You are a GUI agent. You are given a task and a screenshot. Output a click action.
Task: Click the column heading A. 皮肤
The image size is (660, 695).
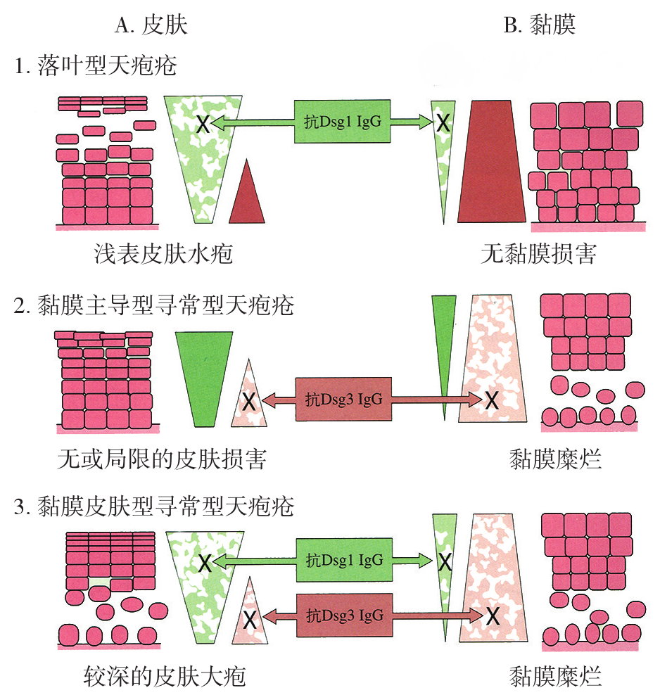[151, 25]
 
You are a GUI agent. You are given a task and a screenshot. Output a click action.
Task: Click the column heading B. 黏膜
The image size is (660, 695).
[540, 25]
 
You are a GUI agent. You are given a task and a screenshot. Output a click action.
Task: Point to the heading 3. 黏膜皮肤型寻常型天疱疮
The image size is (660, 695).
[153, 506]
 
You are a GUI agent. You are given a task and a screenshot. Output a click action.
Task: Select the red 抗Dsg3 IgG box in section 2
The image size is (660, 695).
[343, 400]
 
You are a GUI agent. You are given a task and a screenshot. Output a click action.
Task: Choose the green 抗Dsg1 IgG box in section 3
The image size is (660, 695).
[343, 561]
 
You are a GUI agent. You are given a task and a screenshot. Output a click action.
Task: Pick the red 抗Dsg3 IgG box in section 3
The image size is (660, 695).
[343, 614]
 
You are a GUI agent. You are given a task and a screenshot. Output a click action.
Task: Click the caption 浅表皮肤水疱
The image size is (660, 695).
[163, 254]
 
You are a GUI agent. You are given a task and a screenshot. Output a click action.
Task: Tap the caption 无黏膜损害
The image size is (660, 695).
[539, 254]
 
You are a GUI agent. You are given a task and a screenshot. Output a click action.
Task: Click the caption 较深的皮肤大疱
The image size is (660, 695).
[163, 677]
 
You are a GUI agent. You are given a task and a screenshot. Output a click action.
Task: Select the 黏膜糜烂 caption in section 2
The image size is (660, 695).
[556, 460]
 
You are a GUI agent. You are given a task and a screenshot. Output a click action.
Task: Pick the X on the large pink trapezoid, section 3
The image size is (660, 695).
[493, 616]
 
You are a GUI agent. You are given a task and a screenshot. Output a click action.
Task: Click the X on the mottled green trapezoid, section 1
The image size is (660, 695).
[202, 125]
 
